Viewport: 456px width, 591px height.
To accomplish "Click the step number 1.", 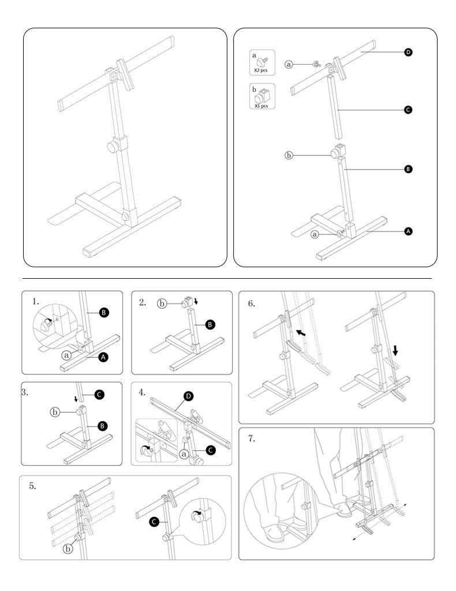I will point(36,301).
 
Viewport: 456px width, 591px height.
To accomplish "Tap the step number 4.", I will point(143,392).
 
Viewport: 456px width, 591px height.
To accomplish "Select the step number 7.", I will point(252,439).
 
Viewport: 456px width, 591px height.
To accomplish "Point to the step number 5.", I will point(32,486).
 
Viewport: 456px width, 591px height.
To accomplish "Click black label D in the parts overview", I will point(409,53).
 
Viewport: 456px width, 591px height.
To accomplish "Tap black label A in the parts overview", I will point(409,231).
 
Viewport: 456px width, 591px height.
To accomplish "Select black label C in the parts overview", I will point(409,110).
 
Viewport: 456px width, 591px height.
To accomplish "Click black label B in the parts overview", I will point(409,169).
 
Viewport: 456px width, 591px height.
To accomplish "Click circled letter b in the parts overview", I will point(290,155).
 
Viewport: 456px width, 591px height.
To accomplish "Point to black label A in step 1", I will point(103,357).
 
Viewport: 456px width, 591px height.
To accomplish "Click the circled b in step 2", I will point(163,303).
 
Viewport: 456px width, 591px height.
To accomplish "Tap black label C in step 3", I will point(99,395).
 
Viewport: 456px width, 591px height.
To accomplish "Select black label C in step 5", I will point(155,522).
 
